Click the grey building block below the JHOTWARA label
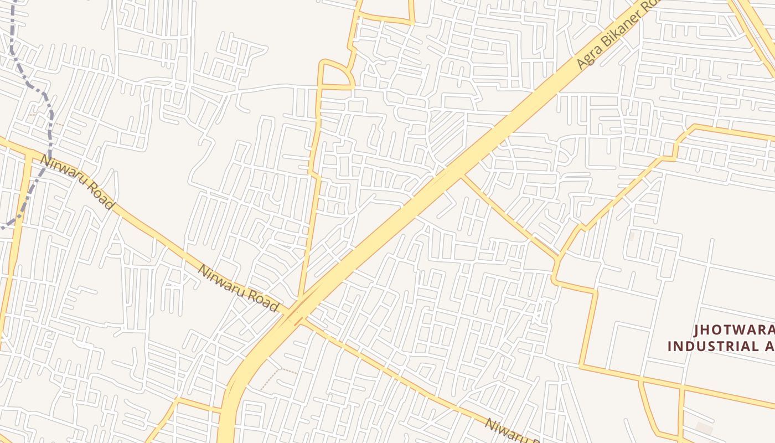pyautogui.click(x=704, y=428)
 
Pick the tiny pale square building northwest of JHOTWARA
pyautogui.click(x=631, y=236)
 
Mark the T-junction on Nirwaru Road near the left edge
pyautogui.click(x=27, y=156)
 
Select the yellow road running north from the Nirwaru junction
pyautogui.click(x=310, y=221)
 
